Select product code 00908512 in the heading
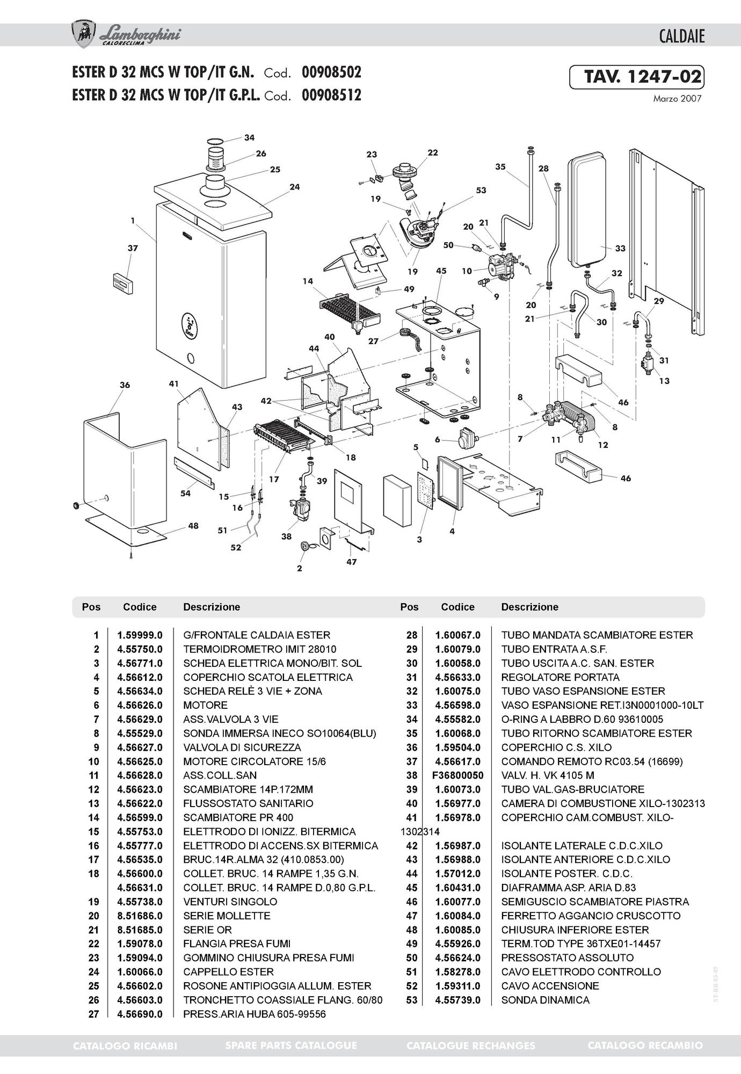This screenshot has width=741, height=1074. [331, 95]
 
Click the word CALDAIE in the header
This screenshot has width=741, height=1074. [681, 37]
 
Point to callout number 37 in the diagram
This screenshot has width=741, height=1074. [133, 248]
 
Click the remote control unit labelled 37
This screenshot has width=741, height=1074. [123, 283]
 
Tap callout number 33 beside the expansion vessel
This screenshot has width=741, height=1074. [620, 249]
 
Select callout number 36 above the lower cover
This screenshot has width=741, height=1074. [125, 385]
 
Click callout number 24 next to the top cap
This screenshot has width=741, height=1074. [294, 187]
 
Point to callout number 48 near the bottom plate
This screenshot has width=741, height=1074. [193, 526]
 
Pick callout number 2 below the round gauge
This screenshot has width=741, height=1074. [300, 568]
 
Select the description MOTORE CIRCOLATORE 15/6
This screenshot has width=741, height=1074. [255, 761]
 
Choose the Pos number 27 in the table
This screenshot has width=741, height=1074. [93, 1014]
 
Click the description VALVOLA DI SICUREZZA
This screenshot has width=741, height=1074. [242, 748]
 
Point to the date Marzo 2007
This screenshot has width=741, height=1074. [677, 99]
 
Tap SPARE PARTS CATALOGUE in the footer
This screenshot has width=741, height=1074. [291, 1046]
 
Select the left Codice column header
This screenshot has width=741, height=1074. [140, 607]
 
